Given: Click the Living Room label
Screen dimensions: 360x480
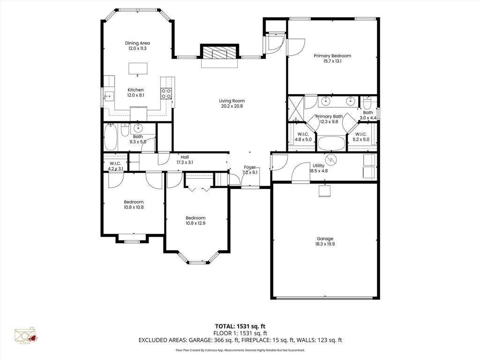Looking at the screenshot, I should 232,101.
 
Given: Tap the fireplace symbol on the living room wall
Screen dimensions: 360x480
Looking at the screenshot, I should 219,53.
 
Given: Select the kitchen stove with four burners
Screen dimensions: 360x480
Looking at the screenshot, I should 166,93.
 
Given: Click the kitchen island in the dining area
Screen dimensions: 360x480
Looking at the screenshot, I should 138,68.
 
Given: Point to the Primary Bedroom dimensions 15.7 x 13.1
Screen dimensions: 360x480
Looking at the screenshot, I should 332,61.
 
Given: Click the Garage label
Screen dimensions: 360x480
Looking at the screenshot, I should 325,239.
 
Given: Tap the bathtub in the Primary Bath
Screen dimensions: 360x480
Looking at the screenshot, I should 331,142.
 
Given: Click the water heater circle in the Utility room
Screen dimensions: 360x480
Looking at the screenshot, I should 332,160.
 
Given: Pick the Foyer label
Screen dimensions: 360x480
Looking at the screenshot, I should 249,167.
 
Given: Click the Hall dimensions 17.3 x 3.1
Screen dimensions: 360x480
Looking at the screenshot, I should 184,162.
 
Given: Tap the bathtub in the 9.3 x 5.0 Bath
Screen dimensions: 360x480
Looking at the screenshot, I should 111,137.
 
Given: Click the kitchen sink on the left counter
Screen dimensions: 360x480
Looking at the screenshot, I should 109,97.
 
